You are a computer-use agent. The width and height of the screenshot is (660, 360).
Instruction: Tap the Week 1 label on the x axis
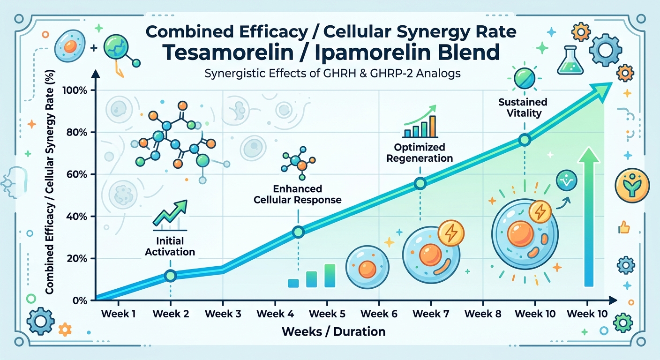[118, 314]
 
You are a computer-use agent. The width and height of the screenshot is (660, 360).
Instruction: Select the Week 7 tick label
[430, 314]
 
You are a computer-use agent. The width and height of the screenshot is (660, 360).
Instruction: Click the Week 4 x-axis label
[275, 314]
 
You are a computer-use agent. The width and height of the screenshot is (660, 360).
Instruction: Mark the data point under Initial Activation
[171, 276]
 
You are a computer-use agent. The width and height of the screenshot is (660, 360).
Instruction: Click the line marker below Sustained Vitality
[525, 140]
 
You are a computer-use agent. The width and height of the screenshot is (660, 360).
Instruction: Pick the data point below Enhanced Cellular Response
[298, 232]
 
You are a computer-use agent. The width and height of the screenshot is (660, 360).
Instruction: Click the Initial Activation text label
[170, 247]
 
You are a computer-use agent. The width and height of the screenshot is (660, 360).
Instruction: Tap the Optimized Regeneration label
[420, 153]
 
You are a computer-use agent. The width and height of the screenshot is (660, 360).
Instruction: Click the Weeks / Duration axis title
[333, 332]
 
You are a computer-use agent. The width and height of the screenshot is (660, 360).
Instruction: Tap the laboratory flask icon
[570, 61]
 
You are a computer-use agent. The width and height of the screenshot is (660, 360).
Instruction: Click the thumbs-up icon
[623, 228]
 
